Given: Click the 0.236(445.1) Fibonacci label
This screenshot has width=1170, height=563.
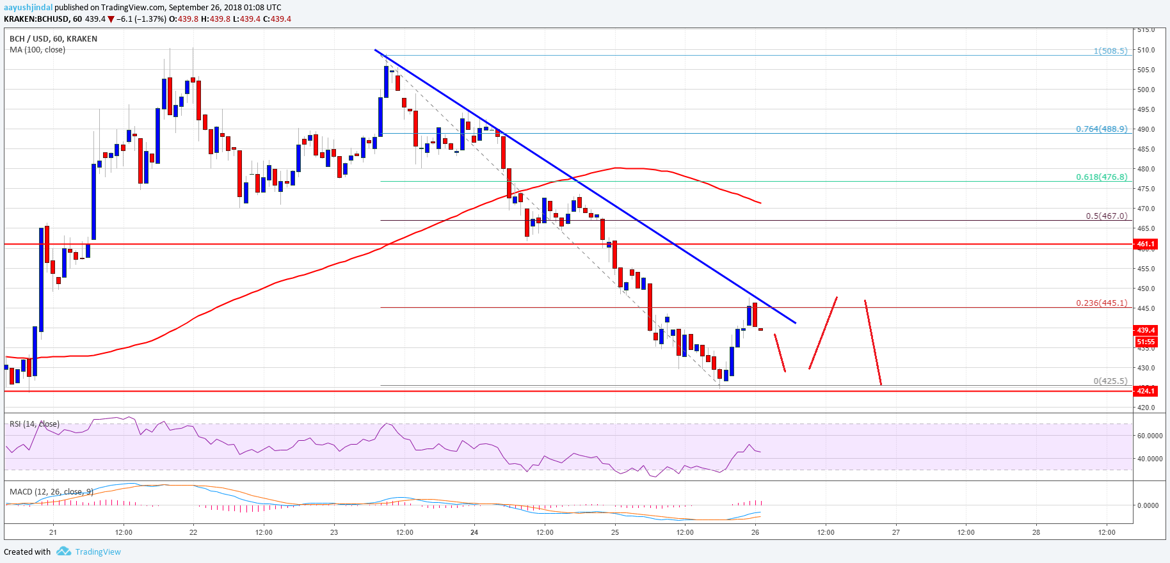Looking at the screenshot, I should pyautogui.click(x=1102, y=303).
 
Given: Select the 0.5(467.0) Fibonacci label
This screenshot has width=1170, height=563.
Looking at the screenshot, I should pyautogui.click(x=1107, y=216).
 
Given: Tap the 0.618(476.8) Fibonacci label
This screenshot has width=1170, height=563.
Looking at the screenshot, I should pyautogui.click(x=1102, y=177).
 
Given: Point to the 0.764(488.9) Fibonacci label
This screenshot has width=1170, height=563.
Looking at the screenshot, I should pyautogui.click(x=1102, y=129).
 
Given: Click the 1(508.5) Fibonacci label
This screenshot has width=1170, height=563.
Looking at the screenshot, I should pyautogui.click(x=1110, y=51).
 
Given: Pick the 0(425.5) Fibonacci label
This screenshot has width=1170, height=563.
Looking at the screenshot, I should pyautogui.click(x=1110, y=381).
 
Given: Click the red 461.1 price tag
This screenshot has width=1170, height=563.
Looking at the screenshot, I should pyautogui.click(x=1146, y=244).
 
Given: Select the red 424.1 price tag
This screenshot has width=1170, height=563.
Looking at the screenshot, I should pyautogui.click(x=1146, y=391).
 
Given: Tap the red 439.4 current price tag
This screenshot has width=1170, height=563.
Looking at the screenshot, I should pyautogui.click(x=1146, y=330).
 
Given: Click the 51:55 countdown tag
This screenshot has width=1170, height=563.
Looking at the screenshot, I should pyautogui.click(x=1146, y=342).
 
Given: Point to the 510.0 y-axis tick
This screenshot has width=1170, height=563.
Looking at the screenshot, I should pyautogui.click(x=1146, y=50).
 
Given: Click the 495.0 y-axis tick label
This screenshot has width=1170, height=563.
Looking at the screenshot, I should pyautogui.click(x=1146, y=109).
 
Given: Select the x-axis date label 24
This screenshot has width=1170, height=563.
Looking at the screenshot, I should pyautogui.click(x=474, y=532).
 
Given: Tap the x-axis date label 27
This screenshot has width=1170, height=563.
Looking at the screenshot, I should pyautogui.click(x=896, y=532).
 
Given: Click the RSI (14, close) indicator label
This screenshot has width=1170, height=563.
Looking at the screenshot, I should pyautogui.click(x=35, y=424).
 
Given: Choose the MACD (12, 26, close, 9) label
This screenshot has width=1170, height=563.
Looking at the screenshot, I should pyautogui.click(x=51, y=492).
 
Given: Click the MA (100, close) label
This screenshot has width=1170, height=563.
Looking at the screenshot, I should pyautogui.click(x=37, y=50).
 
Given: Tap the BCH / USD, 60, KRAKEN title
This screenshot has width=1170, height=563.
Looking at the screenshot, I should pyautogui.click(x=54, y=39).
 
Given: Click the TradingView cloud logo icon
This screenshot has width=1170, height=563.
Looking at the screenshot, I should pyautogui.click(x=63, y=551).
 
